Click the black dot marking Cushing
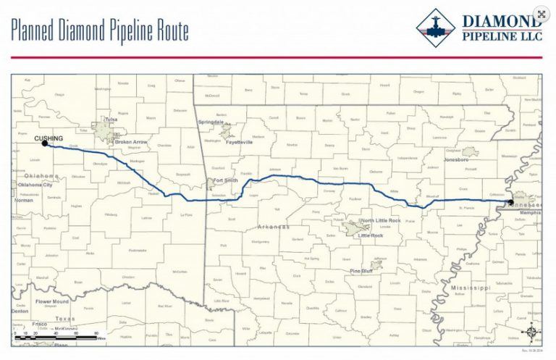pyautogui.click(x=45, y=143)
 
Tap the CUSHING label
pyautogui.click(x=49, y=137)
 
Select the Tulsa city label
pyautogui.click(x=111, y=120)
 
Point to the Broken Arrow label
pyautogui.click(x=131, y=142)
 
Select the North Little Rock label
pyautogui.click(x=381, y=220)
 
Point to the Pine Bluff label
pyautogui.click(x=362, y=271)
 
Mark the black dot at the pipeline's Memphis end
pyautogui.click(x=507, y=199)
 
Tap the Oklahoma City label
pyautogui.click(x=35, y=185)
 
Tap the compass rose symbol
pyautogui.click(x=532, y=332)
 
